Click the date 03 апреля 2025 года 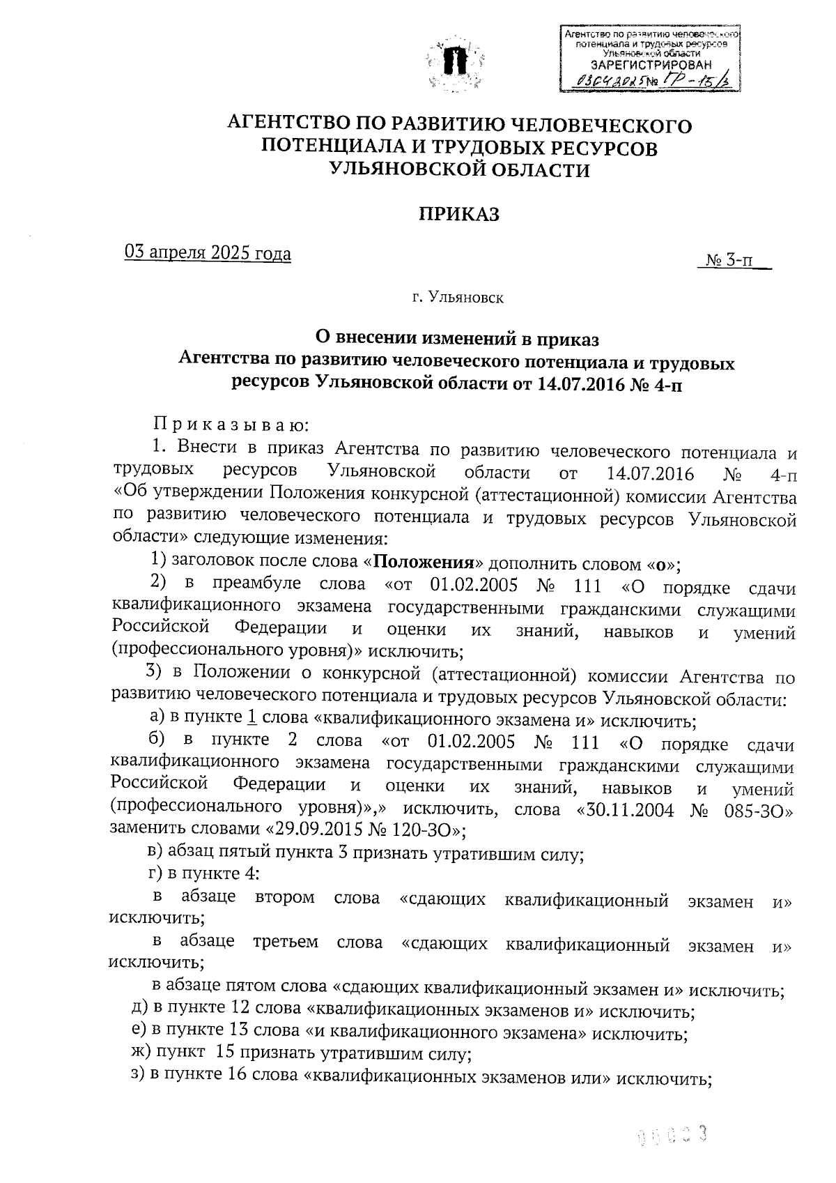(208, 253)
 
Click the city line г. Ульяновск (457, 298)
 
